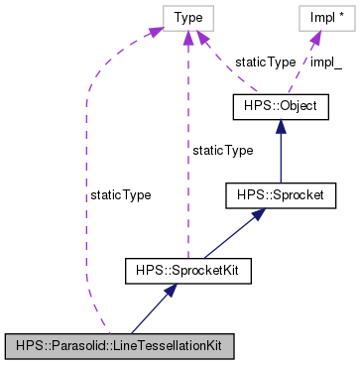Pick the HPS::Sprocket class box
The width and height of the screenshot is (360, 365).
pyautogui.click(x=274, y=195)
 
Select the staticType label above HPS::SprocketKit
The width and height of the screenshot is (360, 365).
pyautogui.click(x=222, y=150)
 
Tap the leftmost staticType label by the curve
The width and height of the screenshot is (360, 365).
pyautogui.click(x=120, y=195)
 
